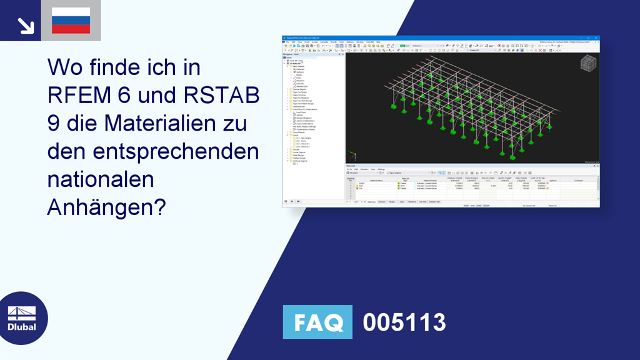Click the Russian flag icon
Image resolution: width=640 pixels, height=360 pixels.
[71, 21]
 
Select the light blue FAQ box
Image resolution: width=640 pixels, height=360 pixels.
[317, 322]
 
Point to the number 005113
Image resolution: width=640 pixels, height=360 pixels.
[404, 322]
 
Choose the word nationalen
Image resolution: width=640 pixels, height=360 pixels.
[101, 179]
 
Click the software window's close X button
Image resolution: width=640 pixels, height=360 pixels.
[597, 38]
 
